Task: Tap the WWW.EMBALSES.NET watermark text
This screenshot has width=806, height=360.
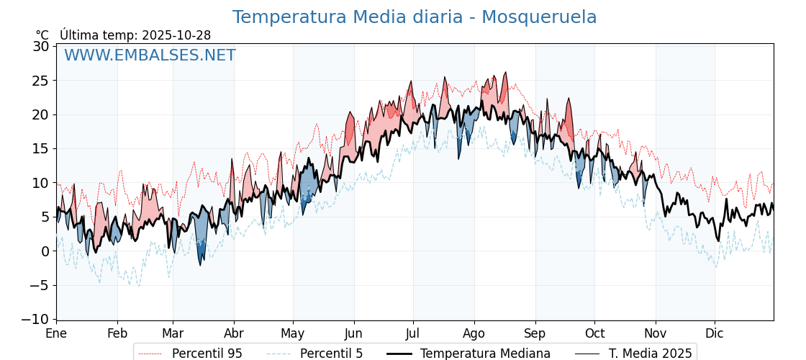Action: click(x=150, y=55)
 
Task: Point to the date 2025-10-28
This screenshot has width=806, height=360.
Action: click(x=176, y=35)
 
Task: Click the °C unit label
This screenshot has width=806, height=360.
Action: click(x=42, y=35)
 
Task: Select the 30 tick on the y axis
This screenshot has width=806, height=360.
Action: click(x=42, y=46)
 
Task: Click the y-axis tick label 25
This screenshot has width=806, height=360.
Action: click(x=42, y=80)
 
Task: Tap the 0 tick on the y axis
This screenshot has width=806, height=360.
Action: click(x=45, y=251)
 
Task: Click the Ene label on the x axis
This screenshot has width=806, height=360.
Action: click(x=56, y=333)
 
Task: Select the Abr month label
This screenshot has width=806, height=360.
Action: click(x=234, y=333)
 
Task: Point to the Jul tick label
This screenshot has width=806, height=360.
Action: click(x=413, y=333)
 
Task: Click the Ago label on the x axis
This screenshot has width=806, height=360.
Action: click(x=474, y=333)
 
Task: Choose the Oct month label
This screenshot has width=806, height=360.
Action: click(x=594, y=333)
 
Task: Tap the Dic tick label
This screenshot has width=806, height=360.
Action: click(x=715, y=333)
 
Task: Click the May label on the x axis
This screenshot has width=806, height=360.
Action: click(x=293, y=333)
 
